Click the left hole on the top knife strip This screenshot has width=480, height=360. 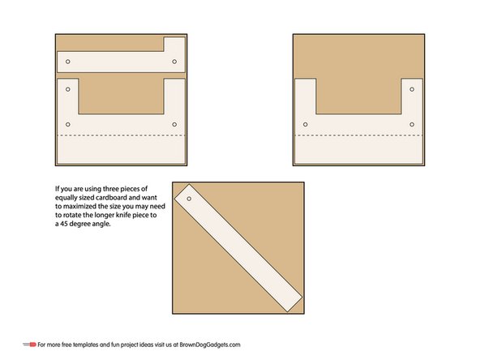[68, 61]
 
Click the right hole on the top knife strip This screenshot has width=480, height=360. [174, 61]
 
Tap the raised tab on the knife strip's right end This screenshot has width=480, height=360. [174, 44]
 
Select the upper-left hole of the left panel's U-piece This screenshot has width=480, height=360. [68, 88]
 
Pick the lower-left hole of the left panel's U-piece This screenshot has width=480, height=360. [68, 124]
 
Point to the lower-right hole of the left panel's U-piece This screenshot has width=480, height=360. [174, 124]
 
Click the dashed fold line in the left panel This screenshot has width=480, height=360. [121, 135]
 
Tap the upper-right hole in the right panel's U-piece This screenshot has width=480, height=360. [411, 88]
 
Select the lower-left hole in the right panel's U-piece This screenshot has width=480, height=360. [306, 124]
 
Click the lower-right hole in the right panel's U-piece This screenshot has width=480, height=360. [411, 124]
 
